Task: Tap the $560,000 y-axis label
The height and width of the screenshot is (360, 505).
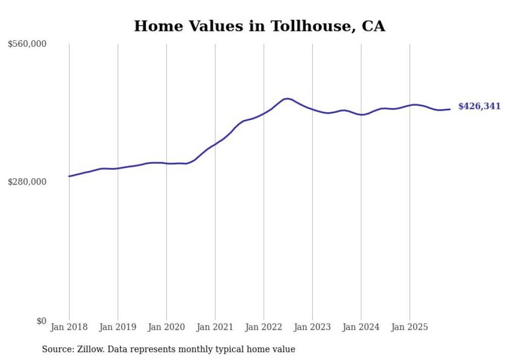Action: [x=27, y=44]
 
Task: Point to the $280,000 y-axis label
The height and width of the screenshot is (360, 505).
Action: [x=27, y=182]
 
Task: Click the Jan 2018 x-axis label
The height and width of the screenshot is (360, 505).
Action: [x=69, y=327]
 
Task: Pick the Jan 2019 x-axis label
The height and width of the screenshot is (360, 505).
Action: [x=117, y=327]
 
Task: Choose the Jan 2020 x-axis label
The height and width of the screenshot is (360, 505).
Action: [x=166, y=327]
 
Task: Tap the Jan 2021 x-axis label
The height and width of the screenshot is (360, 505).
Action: [x=215, y=327]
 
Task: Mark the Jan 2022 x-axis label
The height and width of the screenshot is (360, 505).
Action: [x=264, y=327]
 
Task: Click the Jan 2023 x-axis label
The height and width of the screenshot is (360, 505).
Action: [x=312, y=327]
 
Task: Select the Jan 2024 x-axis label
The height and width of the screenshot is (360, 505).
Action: [x=361, y=327]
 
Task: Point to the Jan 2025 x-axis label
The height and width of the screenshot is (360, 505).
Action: [x=410, y=327]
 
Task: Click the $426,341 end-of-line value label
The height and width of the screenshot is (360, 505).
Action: [x=479, y=107]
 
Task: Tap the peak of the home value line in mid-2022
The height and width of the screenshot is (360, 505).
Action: [x=287, y=98]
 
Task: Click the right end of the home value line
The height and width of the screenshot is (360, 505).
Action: [x=450, y=109]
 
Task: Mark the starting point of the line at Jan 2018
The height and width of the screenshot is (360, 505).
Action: [x=69, y=176]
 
